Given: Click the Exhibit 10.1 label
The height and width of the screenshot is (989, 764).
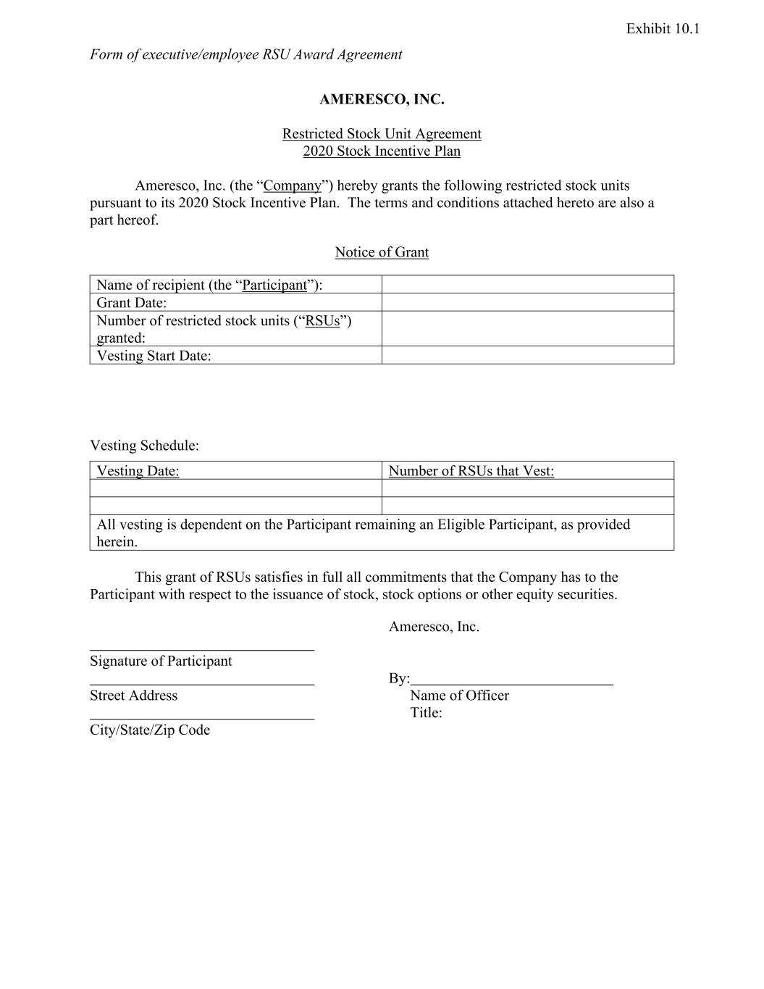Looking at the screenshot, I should pyautogui.click(x=663, y=29).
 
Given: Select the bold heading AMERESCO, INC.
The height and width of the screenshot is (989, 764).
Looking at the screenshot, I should pyautogui.click(x=382, y=99).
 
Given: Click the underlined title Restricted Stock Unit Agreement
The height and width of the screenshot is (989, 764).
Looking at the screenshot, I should pyautogui.click(x=382, y=134).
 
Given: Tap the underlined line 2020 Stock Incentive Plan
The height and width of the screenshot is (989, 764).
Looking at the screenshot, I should pyautogui.click(x=382, y=151).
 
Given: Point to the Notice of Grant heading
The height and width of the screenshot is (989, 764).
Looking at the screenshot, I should pyautogui.click(x=382, y=252).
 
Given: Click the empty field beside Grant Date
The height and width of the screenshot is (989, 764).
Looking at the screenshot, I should pyautogui.click(x=527, y=302).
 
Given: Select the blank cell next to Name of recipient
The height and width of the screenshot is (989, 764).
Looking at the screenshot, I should pyautogui.click(x=527, y=284).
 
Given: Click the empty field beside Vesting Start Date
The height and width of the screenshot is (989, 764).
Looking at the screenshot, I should pyautogui.click(x=527, y=355).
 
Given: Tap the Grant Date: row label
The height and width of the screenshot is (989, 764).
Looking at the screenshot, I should pyautogui.click(x=132, y=303).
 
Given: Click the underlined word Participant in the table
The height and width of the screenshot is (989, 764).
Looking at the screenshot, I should pyautogui.click(x=274, y=285).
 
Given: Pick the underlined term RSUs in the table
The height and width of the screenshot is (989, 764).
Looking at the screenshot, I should pyautogui.click(x=322, y=321).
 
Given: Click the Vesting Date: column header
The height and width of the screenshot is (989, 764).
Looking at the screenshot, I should pyautogui.click(x=138, y=471).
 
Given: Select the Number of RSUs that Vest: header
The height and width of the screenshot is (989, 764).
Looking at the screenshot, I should pyautogui.click(x=471, y=471).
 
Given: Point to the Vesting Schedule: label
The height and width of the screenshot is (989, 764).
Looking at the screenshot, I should pyautogui.click(x=144, y=445).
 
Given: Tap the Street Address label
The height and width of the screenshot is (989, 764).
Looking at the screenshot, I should pyautogui.click(x=133, y=696).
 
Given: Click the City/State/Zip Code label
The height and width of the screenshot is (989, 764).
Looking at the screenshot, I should pyautogui.click(x=150, y=730).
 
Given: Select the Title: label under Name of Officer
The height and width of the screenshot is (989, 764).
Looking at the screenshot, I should pyautogui.click(x=426, y=713).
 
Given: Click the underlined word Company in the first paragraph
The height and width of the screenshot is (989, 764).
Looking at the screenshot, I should pyautogui.click(x=292, y=185).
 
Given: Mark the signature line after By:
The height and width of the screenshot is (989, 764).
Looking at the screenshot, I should pyautogui.click(x=511, y=683).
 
